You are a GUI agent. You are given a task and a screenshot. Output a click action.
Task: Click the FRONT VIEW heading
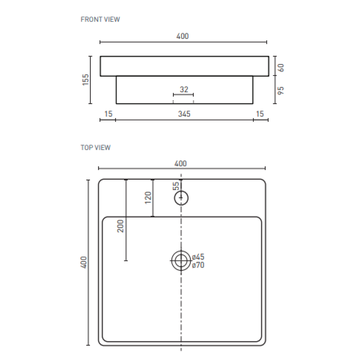pyautogui.click(x=100, y=19)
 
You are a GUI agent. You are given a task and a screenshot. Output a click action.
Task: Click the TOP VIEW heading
pyautogui.click(x=96, y=148)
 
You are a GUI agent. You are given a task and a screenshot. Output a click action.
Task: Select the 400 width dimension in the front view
pyautogui.click(x=183, y=36)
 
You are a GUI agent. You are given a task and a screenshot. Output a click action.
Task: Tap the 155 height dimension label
pyautogui.click(x=85, y=80)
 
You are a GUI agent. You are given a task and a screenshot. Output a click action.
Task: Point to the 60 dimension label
pyautogui.click(x=281, y=67)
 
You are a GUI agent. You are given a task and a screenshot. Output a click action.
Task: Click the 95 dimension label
pyautogui.click(x=281, y=90)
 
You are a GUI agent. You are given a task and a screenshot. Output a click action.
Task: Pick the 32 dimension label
pyautogui.click(x=184, y=90)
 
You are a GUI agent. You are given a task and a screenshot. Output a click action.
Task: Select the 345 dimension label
pyautogui.click(x=184, y=114)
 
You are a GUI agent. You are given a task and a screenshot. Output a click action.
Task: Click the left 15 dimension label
pyautogui.click(x=108, y=114)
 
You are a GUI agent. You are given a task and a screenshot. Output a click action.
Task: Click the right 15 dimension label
pyautogui.click(x=260, y=114)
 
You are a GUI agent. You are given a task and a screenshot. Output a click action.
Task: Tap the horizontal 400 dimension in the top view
pyautogui.click(x=180, y=163)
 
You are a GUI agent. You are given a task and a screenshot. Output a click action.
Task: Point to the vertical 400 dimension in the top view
pyautogui.click(x=84, y=262)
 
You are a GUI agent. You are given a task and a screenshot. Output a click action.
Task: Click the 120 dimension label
pyautogui.click(x=148, y=198)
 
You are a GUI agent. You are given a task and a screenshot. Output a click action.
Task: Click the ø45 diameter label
pyautogui.click(x=198, y=257)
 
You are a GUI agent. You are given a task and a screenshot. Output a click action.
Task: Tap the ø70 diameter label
pyautogui.click(x=198, y=265)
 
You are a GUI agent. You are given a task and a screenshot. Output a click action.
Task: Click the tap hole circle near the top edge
pyautogui.click(x=181, y=198)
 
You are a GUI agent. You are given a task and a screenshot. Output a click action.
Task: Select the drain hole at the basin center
pyautogui.click(x=181, y=261)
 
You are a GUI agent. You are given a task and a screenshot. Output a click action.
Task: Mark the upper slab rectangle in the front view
pyautogui.click(x=184, y=66)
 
